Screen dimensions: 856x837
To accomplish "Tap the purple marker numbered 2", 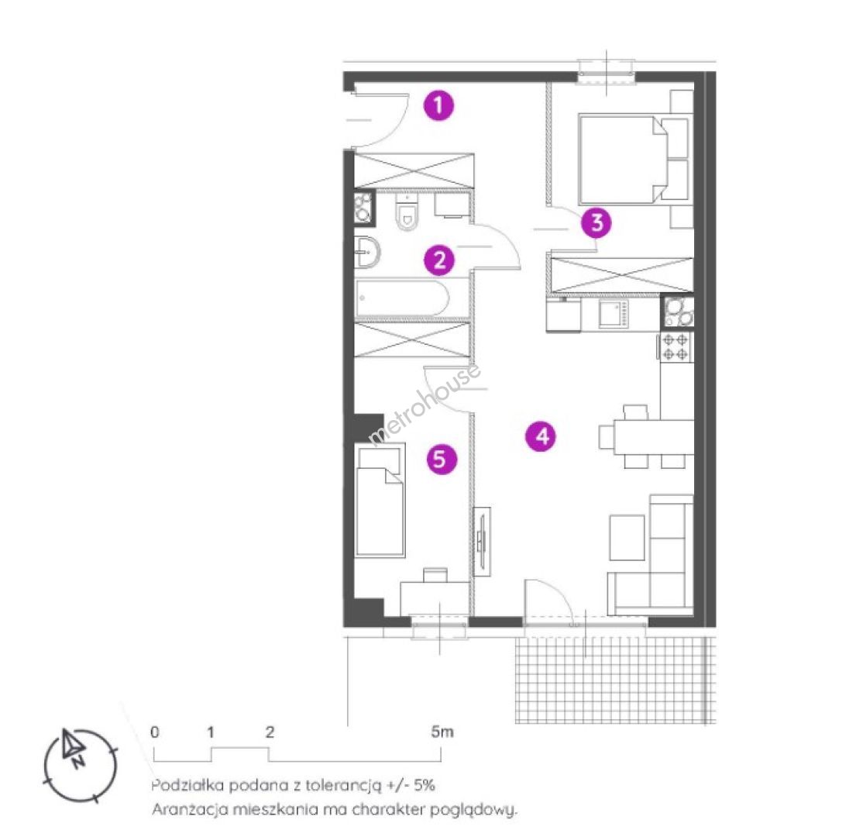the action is coord(439,260).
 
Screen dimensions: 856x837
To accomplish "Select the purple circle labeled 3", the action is coord(596,222).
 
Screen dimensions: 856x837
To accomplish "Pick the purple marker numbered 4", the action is coord(541,436).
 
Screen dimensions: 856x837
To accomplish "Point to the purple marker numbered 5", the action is coord(441,459).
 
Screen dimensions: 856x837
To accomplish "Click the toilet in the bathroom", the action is coord(407,212).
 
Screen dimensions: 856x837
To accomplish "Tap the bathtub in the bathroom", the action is coord(402,298).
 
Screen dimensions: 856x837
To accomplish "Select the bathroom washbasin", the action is coord(367,252).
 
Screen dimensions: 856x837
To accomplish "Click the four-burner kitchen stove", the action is coord(676,347).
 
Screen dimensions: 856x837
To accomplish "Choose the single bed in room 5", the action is coord(380,500).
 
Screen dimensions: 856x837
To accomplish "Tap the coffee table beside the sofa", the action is coord(627,537).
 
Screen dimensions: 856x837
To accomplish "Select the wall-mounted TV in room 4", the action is coord(482,541).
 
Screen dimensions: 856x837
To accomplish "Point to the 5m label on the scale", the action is coord(442,732).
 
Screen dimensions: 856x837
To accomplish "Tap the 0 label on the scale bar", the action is coord(155,732).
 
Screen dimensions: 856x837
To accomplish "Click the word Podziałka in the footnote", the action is coord(187,786).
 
